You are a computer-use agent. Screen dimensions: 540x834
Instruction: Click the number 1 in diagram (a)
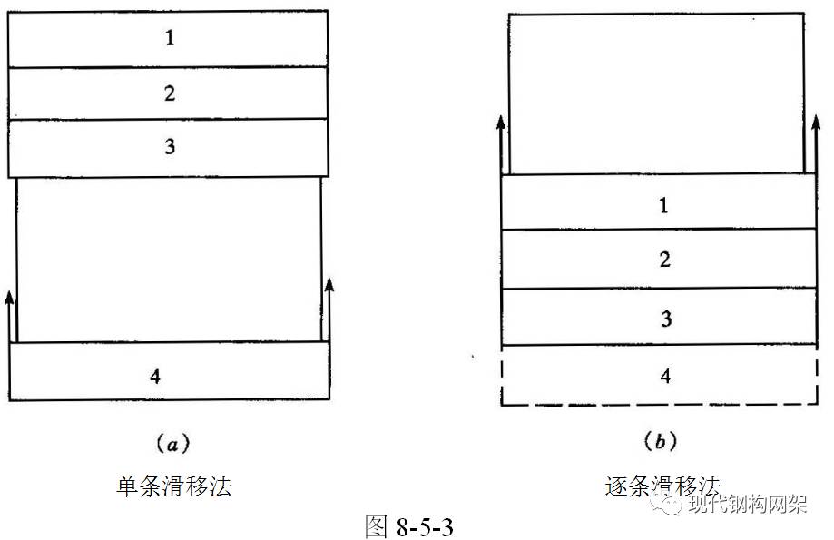click(x=170, y=39)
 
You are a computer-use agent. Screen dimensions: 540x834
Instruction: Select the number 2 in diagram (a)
click(x=170, y=93)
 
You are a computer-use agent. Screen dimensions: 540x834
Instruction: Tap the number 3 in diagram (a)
click(x=170, y=146)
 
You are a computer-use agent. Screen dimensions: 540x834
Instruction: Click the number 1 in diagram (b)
click(x=664, y=205)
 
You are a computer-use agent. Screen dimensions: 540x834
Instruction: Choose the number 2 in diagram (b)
click(x=664, y=260)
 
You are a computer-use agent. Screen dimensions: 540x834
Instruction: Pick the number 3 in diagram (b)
click(x=664, y=319)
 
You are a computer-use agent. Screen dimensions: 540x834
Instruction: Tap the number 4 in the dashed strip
click(x=665, y=376)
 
